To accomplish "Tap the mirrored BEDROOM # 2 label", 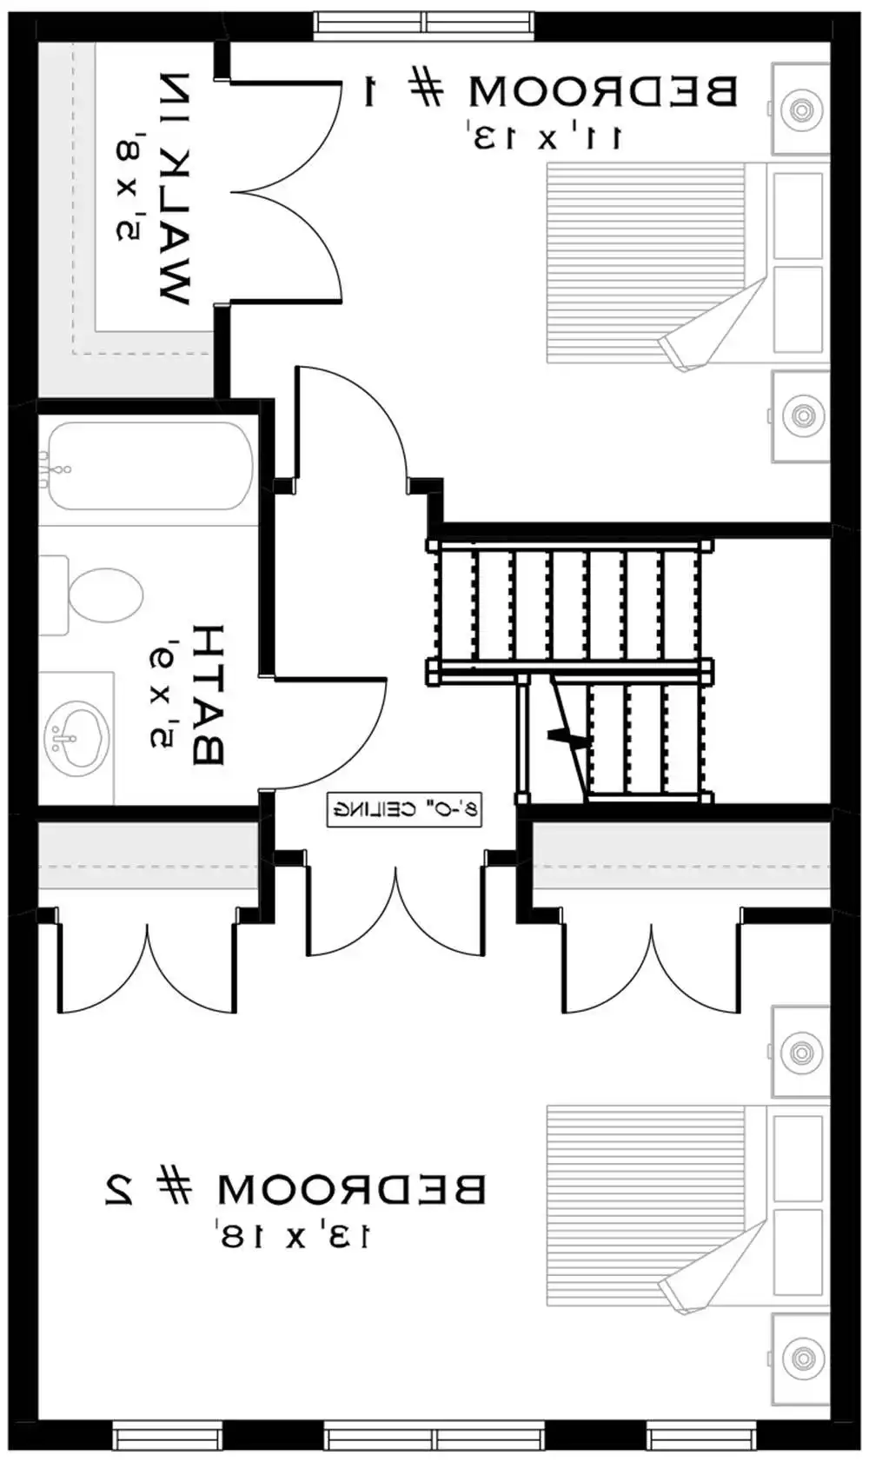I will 295,1189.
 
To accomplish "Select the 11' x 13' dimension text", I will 547,137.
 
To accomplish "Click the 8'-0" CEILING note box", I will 404,809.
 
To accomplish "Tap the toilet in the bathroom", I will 96,596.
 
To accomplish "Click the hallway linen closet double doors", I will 395,913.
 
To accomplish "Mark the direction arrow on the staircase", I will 565,737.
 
